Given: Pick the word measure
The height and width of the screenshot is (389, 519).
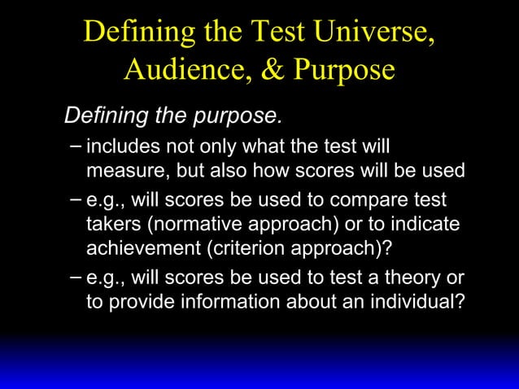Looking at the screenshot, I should pyautogui.click(x=121, y=171).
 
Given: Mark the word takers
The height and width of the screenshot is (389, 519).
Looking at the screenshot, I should pyautogui.click(x=112, y=223).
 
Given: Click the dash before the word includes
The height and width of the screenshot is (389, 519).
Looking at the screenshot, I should pyautogui.click(x=76, y=147).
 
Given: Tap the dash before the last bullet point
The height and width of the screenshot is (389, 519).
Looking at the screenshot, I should pyautogui.click(x=76, y=276).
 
